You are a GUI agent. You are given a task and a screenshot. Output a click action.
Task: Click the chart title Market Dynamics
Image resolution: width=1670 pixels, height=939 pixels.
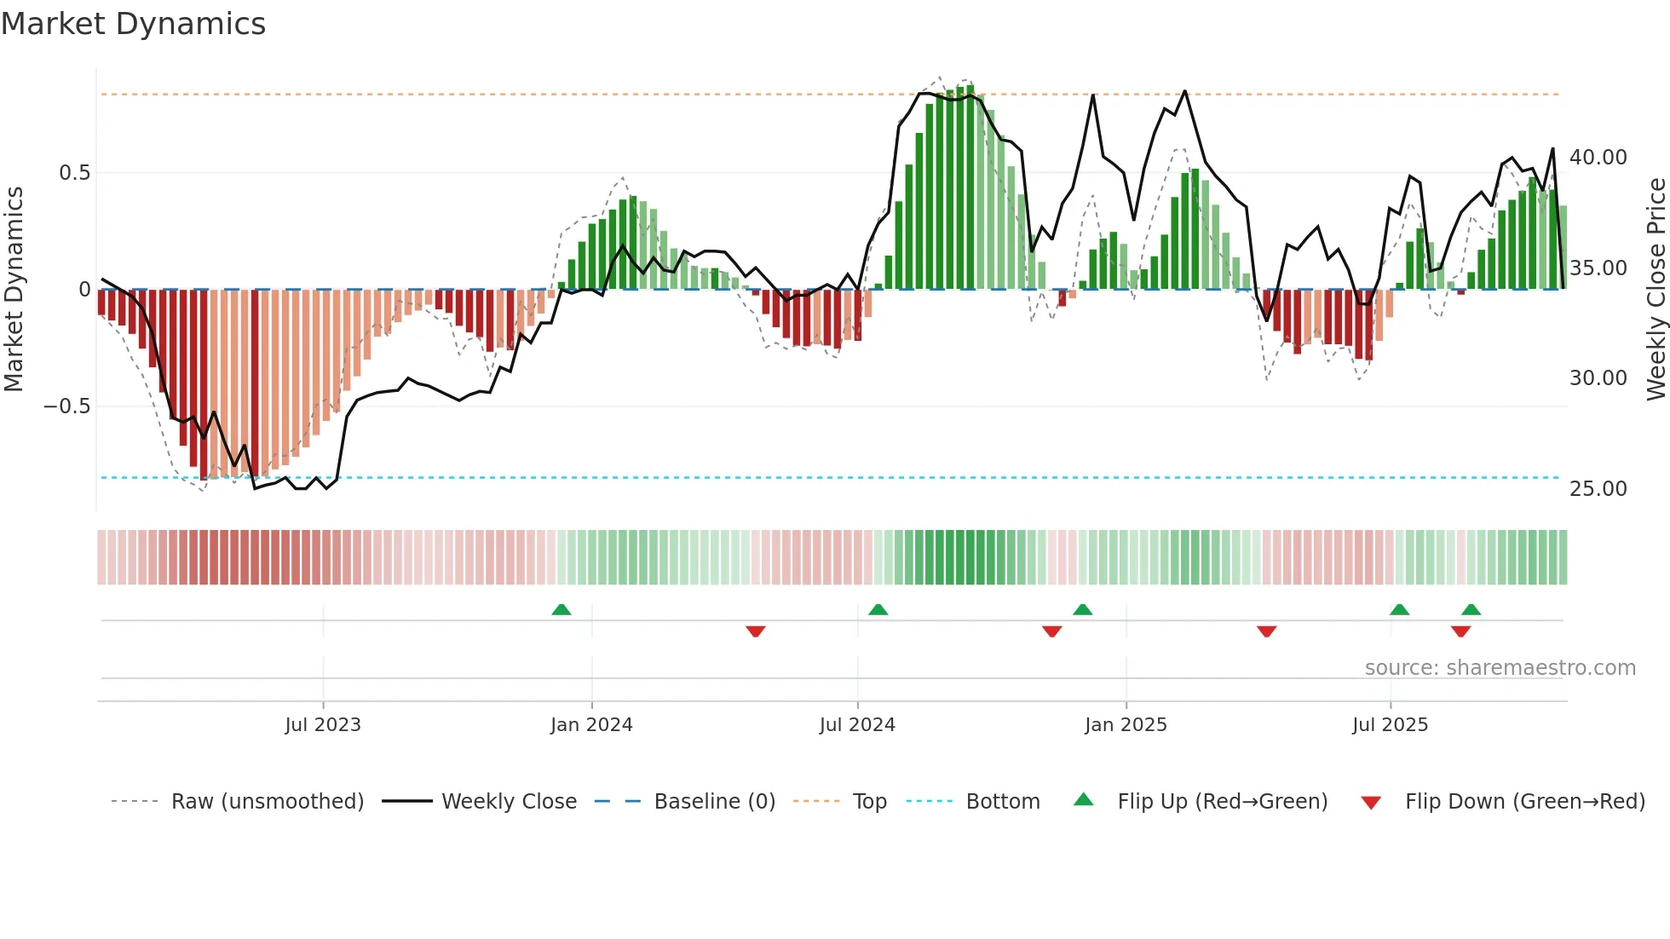(x=133, y=24)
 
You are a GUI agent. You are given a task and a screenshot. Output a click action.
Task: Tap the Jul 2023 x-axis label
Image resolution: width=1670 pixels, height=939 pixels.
(x=323, y=725)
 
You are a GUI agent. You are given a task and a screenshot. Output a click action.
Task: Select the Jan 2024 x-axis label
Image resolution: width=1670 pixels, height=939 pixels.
(x=591, y=725)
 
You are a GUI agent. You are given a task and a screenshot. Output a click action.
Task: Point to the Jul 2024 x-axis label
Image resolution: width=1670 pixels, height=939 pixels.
(x=857, y=725)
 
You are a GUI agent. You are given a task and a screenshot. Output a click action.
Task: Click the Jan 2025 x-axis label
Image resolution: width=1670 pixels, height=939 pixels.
(x=1126, y=725)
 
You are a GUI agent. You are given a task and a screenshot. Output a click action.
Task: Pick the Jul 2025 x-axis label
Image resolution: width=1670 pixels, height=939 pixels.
(x=1390, y=725)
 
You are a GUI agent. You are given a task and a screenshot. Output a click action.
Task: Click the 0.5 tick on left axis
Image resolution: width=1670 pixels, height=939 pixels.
(x=74, y=173)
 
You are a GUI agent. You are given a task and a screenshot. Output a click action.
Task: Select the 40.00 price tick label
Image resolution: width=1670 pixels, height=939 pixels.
(x=1598, y=158)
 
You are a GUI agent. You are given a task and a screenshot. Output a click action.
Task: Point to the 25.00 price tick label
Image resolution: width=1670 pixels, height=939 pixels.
(x=1598, y=489)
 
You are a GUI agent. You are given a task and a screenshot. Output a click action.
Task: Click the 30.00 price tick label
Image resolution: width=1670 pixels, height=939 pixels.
(x=1598, y=378)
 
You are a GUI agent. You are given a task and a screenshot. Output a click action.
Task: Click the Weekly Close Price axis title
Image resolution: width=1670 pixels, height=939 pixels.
(x=1656, y=290)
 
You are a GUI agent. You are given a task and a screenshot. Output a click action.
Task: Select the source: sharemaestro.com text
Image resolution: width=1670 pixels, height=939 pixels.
(x=1500, y=668)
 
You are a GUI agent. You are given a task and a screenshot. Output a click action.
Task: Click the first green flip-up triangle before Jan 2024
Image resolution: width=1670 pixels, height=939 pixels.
(x=561, y=609)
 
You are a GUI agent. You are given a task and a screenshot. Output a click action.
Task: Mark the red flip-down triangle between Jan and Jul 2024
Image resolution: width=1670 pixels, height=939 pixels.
(x=755, y=631)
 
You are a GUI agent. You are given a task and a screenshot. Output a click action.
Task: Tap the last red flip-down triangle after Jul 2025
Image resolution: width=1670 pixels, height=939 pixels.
(x=1460, y=631)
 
